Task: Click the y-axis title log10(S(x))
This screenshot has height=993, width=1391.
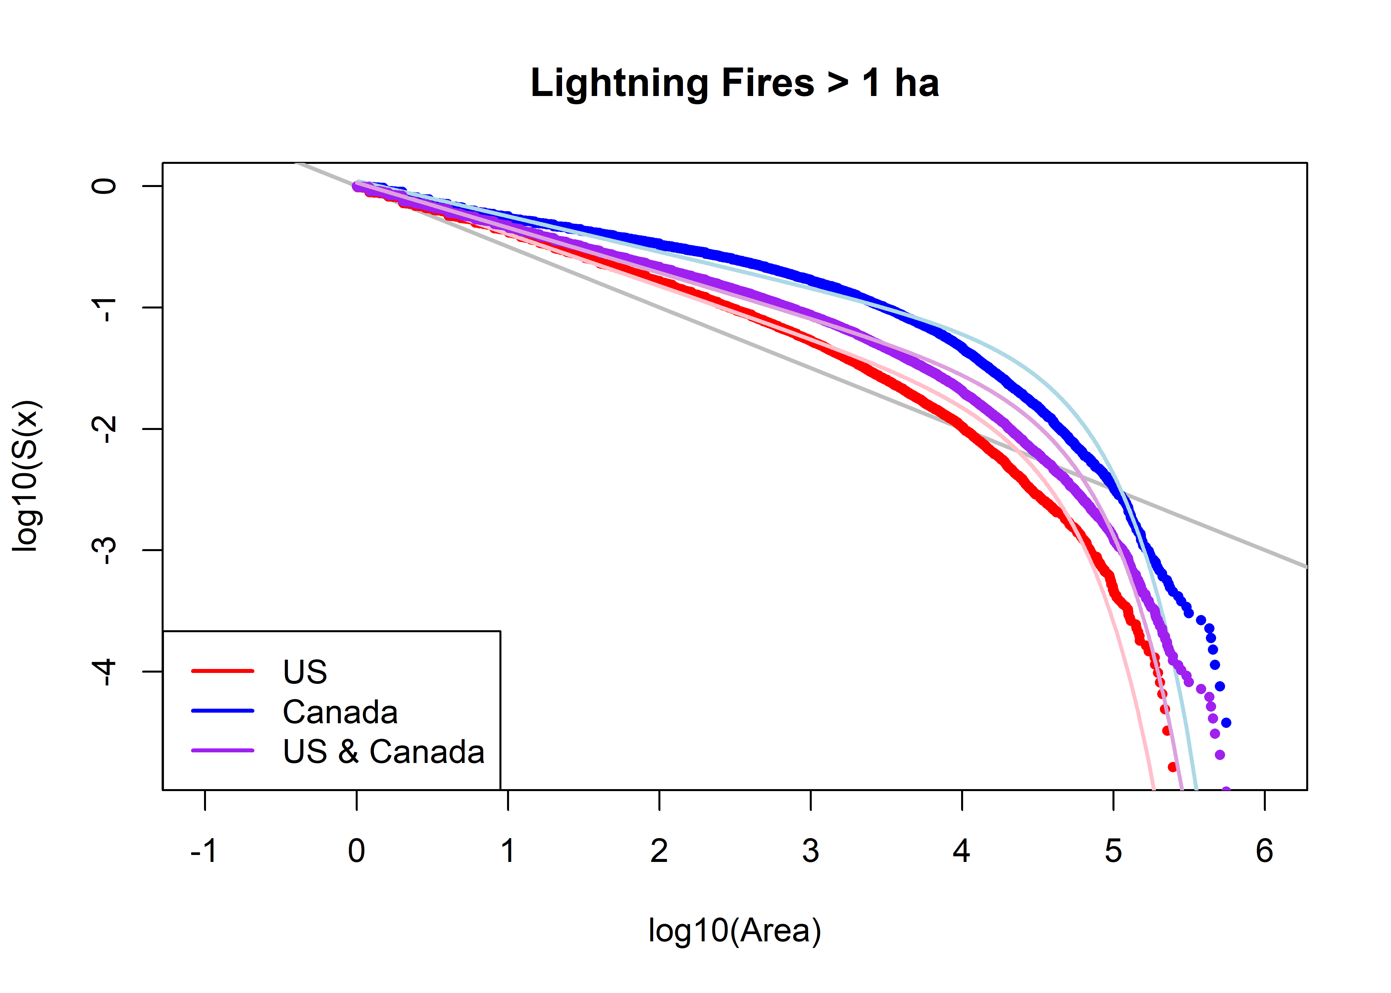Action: (27, 476)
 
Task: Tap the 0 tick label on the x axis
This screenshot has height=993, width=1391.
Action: (357, 851)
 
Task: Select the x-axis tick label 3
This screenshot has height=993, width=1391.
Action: (810, 851)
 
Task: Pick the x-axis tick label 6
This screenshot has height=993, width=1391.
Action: (1264, 851)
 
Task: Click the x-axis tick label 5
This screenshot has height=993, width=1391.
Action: (1113, 851)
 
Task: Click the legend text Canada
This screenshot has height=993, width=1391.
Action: (340, 712)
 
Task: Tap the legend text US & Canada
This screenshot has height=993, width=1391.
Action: (384, 751)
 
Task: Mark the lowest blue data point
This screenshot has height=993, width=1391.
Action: (1226, 723)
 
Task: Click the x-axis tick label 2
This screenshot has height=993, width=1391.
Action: (659, 851)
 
